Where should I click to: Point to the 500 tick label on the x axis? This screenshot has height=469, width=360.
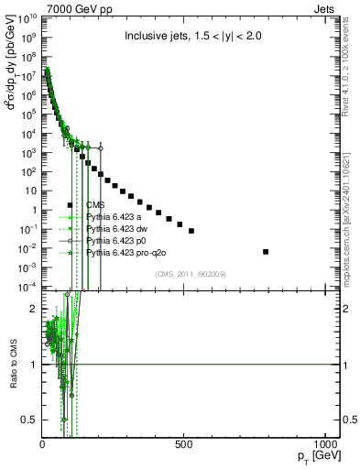(x=185, y=444)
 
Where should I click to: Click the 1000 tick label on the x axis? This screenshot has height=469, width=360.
(x=326, y=444)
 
